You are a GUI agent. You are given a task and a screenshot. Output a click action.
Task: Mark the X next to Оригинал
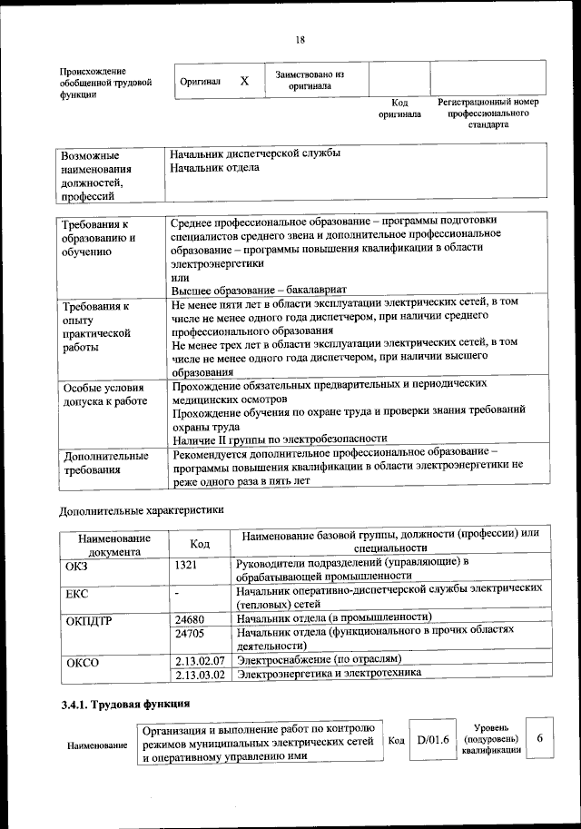pos(244,82)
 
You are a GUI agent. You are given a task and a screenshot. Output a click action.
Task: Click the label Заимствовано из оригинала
pos(310,80)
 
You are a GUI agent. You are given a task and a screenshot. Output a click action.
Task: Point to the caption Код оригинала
pos(399,109)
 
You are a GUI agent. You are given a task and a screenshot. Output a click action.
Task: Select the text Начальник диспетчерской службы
pos(255,153)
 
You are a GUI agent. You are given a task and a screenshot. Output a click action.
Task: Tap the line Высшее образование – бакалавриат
pos(232,289)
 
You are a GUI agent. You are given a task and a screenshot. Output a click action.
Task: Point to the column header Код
pos(200,543)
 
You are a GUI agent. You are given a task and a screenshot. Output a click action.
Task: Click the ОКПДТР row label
pos(89,622)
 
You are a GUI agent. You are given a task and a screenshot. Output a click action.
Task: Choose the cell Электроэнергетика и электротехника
pos(329,674)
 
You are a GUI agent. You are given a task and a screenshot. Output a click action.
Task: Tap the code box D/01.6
pos(433,740)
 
